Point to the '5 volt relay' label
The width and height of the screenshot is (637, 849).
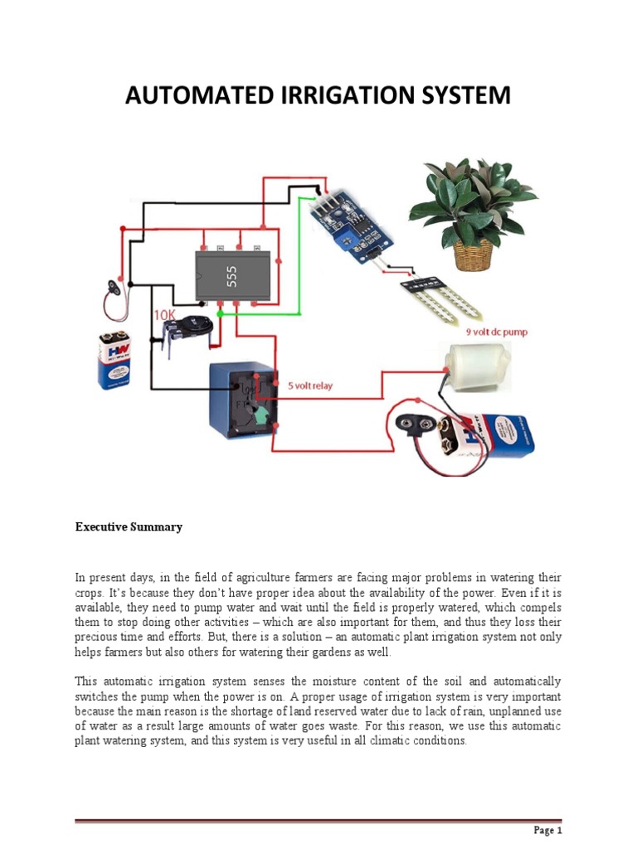coord(317,386)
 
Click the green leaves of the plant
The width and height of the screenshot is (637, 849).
coord(473,199)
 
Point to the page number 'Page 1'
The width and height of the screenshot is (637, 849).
coord(547,831)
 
